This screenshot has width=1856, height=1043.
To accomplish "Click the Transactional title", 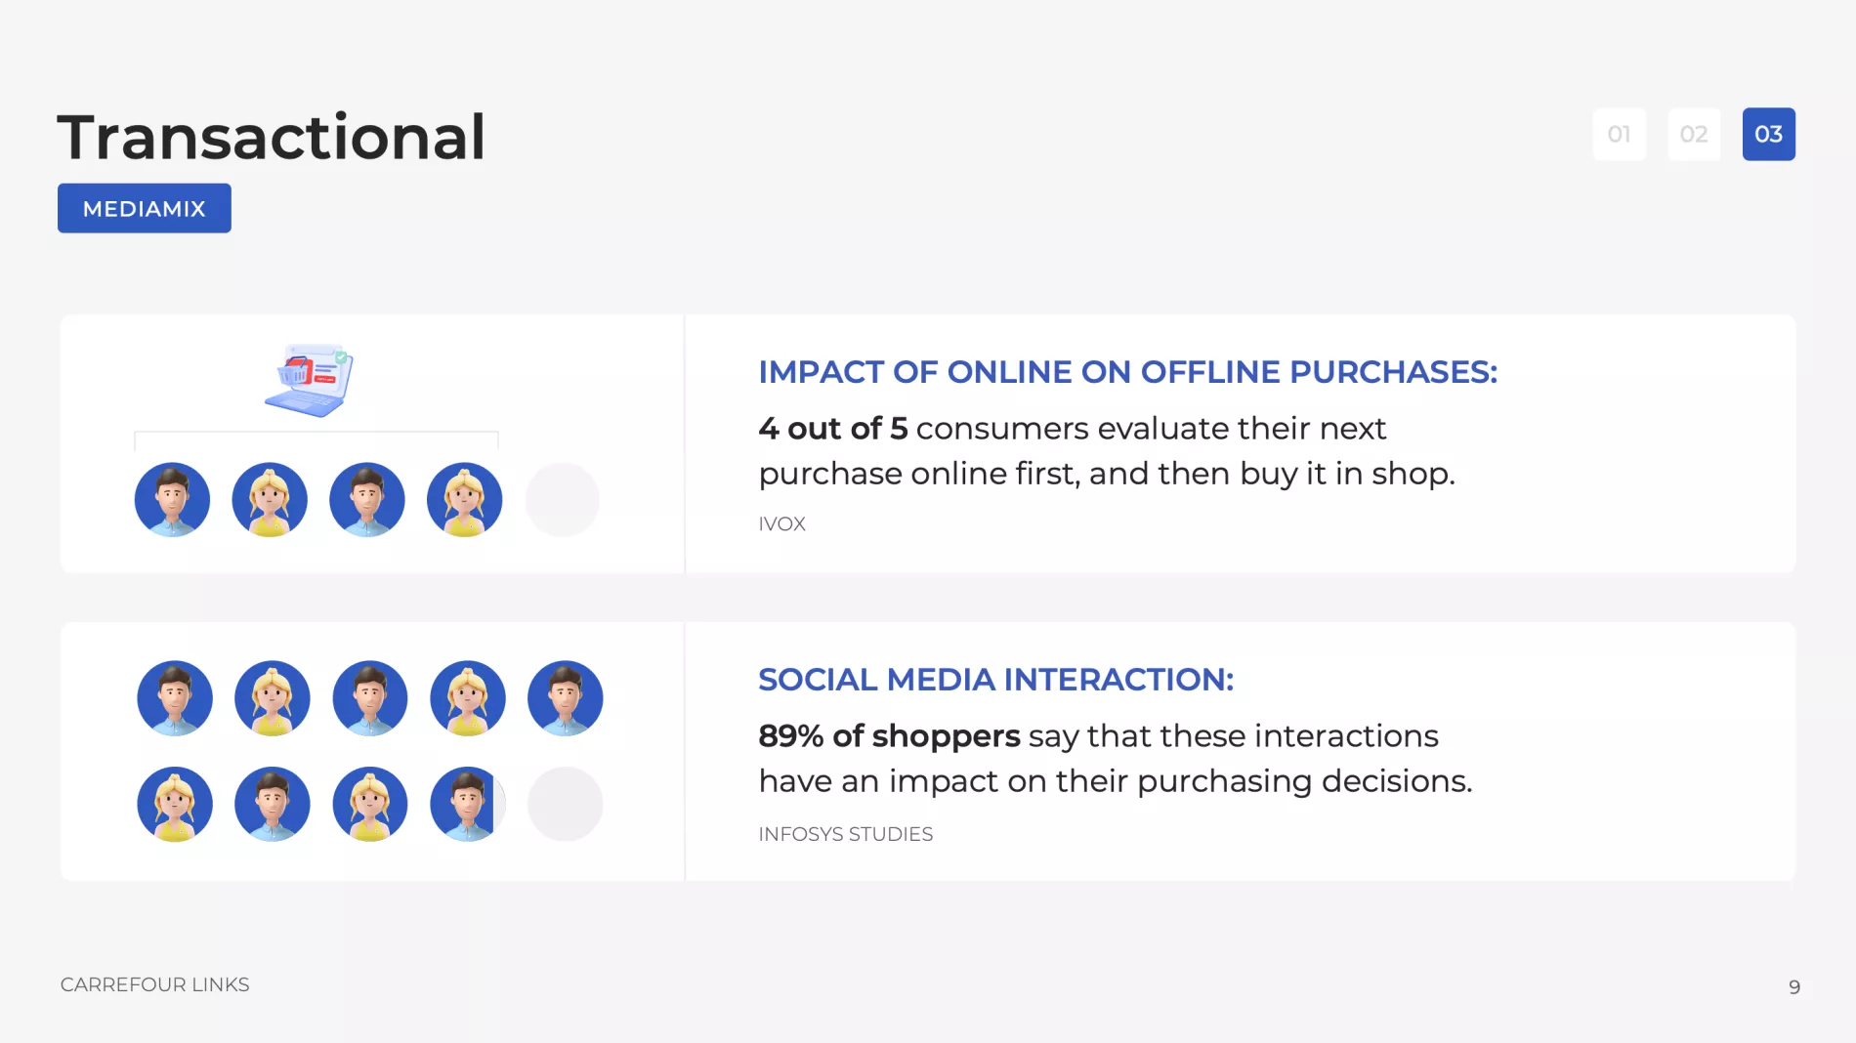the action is (271, 137).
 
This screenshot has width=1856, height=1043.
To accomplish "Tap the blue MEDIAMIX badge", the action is (145, 208).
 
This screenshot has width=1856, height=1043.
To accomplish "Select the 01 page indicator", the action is (1620, 134).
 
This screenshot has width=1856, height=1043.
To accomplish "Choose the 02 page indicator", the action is (1694, 134).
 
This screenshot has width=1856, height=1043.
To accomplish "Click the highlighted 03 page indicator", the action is (1769, 134).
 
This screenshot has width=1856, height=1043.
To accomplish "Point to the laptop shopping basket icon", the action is (309, 380).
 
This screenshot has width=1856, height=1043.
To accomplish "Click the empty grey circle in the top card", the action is (563, 500).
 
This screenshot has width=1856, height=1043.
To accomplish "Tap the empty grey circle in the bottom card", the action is (566, 804).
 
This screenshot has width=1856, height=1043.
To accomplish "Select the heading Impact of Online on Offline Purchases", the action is (1128, 372).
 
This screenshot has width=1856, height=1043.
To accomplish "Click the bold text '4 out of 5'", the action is (833, 428).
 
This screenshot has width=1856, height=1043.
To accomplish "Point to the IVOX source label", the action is (782, 523).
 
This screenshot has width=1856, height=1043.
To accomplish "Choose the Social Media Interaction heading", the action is (996, 680).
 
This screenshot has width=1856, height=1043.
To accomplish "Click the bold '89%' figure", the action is (791, 735).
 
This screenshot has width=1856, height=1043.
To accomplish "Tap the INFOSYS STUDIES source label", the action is (846, 834).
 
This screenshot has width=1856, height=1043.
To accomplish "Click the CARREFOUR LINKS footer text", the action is (155, 984).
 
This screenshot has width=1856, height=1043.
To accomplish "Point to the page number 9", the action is (1794, 987).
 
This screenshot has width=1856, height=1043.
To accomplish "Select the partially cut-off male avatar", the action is (467, 804).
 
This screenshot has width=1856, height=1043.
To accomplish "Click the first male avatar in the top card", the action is (172, 500).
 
